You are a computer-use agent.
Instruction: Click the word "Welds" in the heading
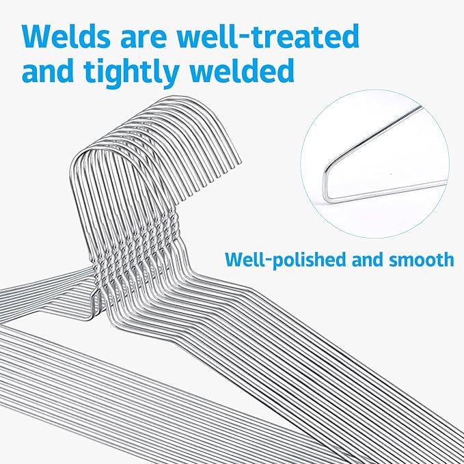[66, 36]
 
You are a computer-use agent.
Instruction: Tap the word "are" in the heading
[144, 40]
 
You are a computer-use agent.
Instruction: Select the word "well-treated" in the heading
[268, 36]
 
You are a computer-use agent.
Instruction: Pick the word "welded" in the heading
[242, 70]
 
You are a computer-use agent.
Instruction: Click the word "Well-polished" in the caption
[286, 260]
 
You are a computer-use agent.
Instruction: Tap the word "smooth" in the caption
[421, 259]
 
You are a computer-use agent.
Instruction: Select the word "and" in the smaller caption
[368, 259]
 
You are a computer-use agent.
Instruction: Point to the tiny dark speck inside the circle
[391, 174]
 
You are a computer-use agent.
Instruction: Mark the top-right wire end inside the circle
[420, 107]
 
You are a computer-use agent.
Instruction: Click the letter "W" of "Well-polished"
[233, 259]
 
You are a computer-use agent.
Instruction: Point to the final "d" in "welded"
[285, 70]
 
